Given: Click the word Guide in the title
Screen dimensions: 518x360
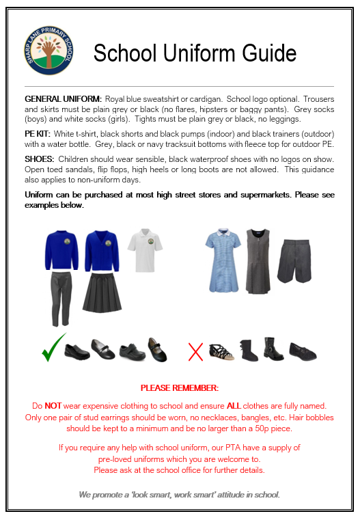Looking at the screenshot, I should point(270,53).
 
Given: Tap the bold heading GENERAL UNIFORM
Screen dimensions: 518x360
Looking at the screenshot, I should point(63,99).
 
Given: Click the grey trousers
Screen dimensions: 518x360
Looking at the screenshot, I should point(61,297).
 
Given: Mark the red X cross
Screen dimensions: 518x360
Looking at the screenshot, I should point(195,352).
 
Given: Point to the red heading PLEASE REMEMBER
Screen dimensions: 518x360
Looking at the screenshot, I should point(179,388).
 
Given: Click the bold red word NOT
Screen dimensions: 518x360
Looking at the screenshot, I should point(52,406).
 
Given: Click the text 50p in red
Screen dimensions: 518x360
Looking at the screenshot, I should point(253,428).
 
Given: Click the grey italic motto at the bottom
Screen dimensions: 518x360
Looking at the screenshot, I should point(179,493).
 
